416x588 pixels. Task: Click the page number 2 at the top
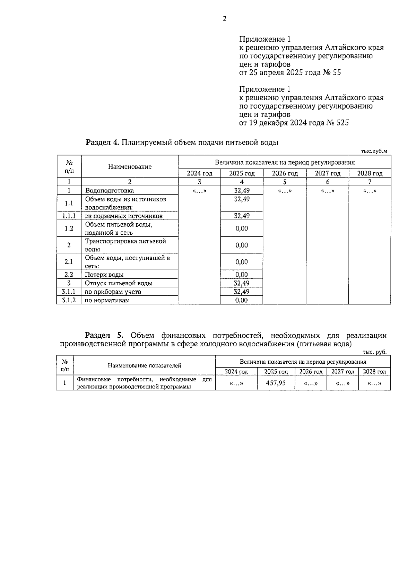224,19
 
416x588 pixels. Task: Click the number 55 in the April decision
337,73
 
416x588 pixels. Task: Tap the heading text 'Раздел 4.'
102,142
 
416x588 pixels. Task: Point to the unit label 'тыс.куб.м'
374,151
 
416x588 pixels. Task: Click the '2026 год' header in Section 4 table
285,173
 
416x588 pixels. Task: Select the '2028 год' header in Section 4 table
370,173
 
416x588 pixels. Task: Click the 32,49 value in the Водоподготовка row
242,190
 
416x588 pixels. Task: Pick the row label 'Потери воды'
104,275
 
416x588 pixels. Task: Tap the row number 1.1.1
69,216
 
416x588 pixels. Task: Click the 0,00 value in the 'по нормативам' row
242,300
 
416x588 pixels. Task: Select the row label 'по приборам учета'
113,292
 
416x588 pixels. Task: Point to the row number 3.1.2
69,300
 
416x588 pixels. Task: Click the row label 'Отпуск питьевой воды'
119,283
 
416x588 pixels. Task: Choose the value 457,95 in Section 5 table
276,383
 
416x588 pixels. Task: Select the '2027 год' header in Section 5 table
343,372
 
